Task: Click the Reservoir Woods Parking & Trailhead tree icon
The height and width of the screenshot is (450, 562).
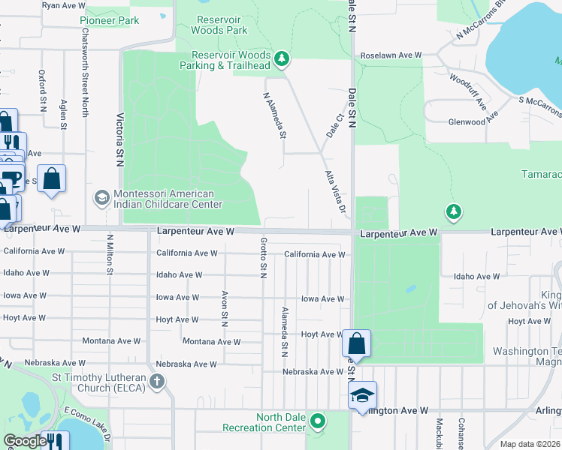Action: click(x=282, y=58)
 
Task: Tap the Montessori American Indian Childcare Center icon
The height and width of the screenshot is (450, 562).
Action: click(x=101, y=198)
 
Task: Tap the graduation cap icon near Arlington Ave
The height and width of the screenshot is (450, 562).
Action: click(x=361, y=394)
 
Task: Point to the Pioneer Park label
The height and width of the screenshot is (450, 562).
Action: click(x=110, y=20)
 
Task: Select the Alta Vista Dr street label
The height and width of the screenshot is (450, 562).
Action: click(x=335, y=190)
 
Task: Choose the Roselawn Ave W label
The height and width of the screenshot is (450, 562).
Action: click(x=391, y=55)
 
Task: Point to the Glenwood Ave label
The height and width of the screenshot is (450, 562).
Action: click(x=473, y=121)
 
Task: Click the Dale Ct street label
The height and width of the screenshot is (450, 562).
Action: click(x=335, y=125)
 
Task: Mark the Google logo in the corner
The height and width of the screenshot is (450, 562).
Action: click(x=24, y=441)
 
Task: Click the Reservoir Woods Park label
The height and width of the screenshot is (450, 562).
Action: click(x=219, y=25)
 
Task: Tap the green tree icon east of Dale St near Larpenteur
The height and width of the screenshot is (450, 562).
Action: click(x=453, y=212)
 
